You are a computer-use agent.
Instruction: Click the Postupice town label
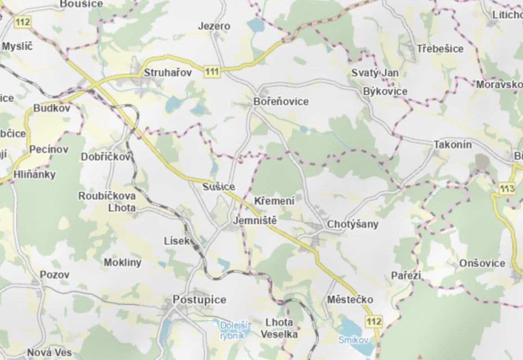199,300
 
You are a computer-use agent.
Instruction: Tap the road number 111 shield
212,71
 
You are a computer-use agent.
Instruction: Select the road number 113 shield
507,189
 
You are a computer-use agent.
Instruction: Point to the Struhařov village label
168,72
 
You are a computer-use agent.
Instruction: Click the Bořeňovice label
281,102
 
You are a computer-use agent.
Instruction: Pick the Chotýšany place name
352,224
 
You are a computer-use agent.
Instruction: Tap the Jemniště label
254,221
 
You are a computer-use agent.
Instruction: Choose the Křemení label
274,201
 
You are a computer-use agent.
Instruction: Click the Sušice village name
219,186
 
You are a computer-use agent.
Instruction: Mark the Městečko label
350,299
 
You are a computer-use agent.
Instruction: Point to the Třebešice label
440,49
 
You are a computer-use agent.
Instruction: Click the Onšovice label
482,263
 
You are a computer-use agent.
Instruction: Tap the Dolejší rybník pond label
232,330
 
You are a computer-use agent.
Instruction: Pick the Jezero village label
214,26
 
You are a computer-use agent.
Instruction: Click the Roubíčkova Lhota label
107,202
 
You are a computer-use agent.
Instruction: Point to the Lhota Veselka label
279,328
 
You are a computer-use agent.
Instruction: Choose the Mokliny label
122,262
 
